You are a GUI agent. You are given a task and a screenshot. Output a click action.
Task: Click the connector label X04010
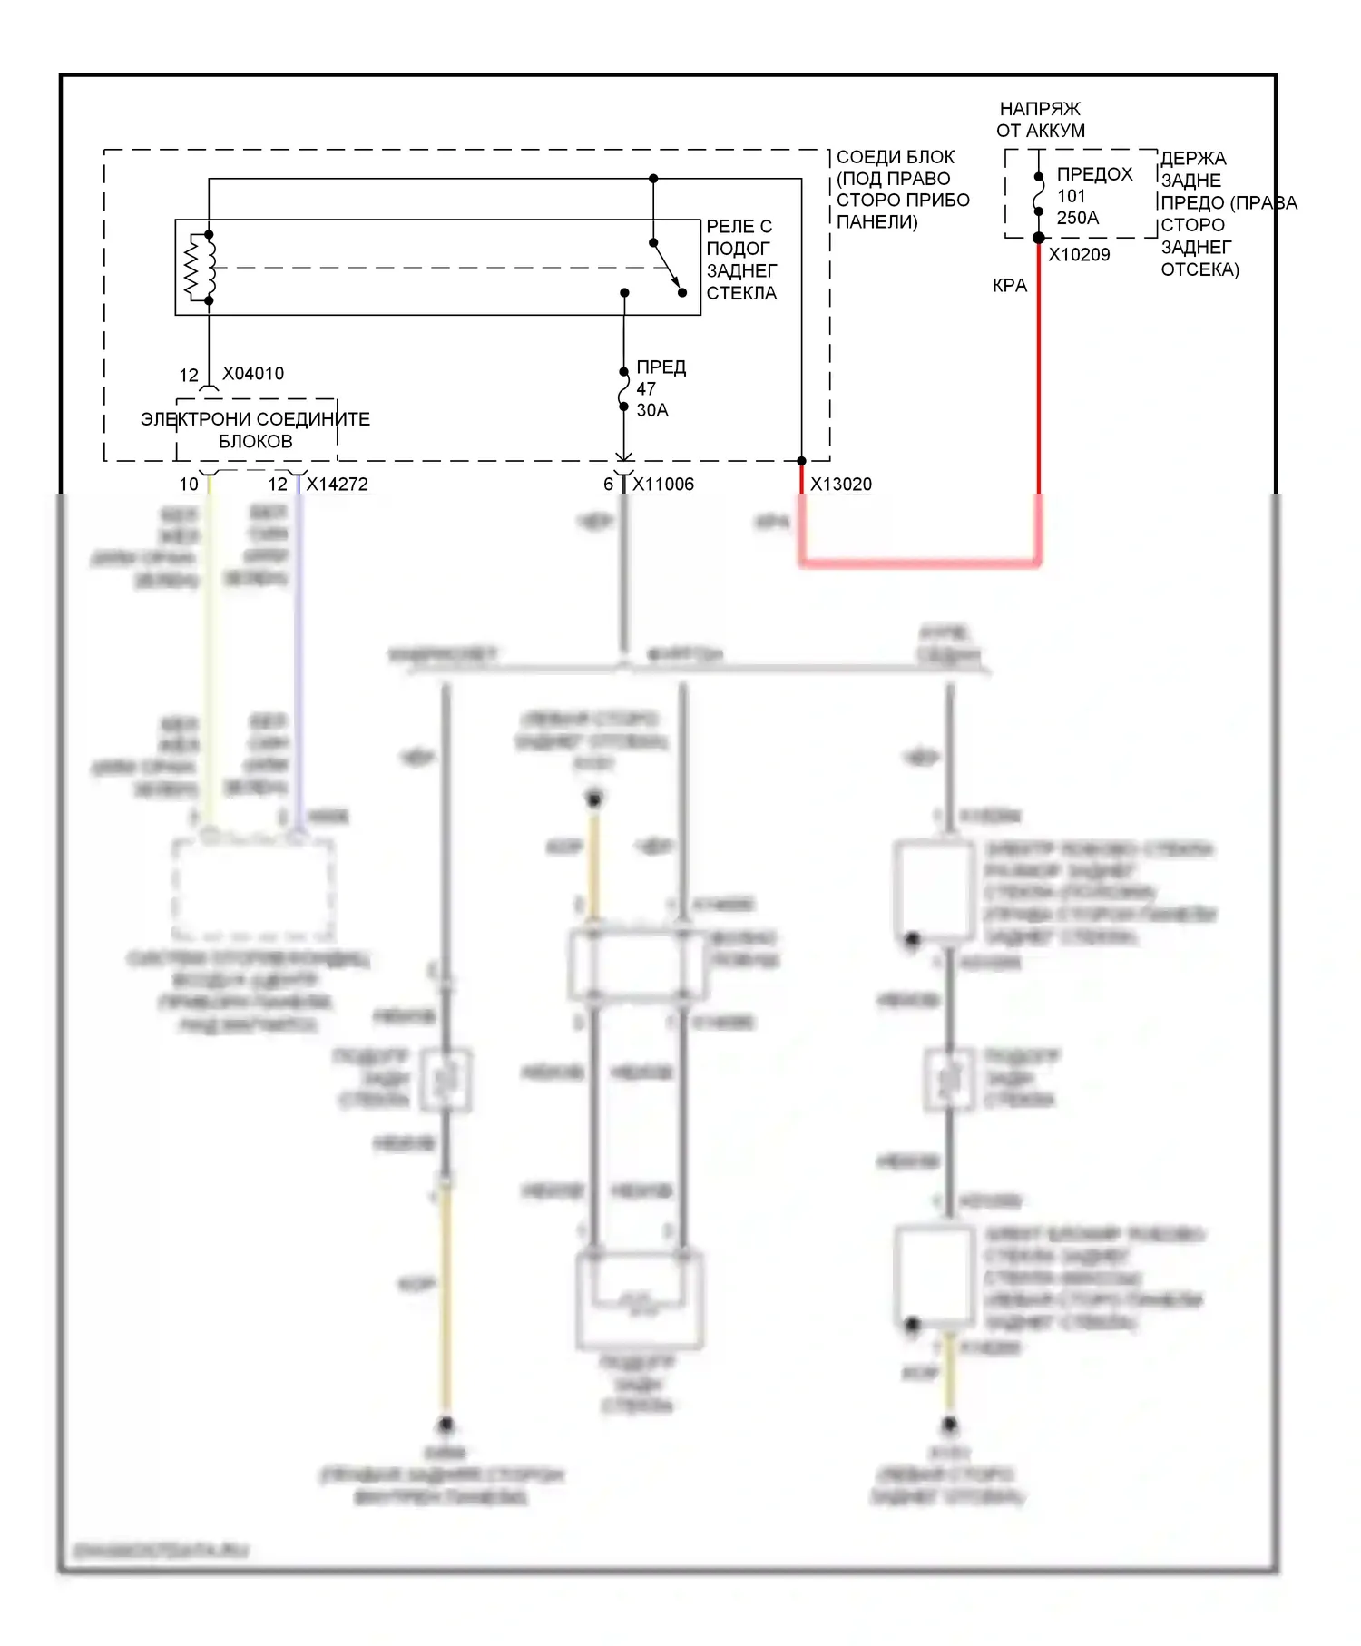[253, 374]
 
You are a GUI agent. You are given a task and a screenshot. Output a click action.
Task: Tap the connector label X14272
[337, 485]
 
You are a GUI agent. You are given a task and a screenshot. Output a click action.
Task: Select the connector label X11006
[663, 485]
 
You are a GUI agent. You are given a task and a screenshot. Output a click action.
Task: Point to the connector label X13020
[841, 485]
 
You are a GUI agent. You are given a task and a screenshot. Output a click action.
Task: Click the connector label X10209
[1079, 255]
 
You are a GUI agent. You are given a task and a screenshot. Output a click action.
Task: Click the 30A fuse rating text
[652, 410]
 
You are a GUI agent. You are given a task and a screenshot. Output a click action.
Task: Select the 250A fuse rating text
[1078, 218]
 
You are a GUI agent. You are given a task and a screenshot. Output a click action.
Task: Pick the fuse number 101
[1072, 196]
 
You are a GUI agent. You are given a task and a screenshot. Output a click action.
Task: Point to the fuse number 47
[646, 388]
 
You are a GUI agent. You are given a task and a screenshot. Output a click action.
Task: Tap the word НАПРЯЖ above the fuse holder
[1040, 109]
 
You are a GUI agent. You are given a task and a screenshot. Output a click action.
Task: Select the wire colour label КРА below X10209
[1010, 286]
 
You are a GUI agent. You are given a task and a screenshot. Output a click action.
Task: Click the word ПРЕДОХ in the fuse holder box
[1095, 174]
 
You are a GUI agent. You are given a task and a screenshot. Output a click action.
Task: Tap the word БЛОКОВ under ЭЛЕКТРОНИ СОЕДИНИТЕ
[256, 442]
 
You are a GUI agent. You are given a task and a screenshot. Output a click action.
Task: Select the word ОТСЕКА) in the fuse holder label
[1199, 269]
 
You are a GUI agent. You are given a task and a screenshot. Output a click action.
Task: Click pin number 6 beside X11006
[609, 485]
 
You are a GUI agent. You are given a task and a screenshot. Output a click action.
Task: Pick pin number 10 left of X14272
[189, 485]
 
